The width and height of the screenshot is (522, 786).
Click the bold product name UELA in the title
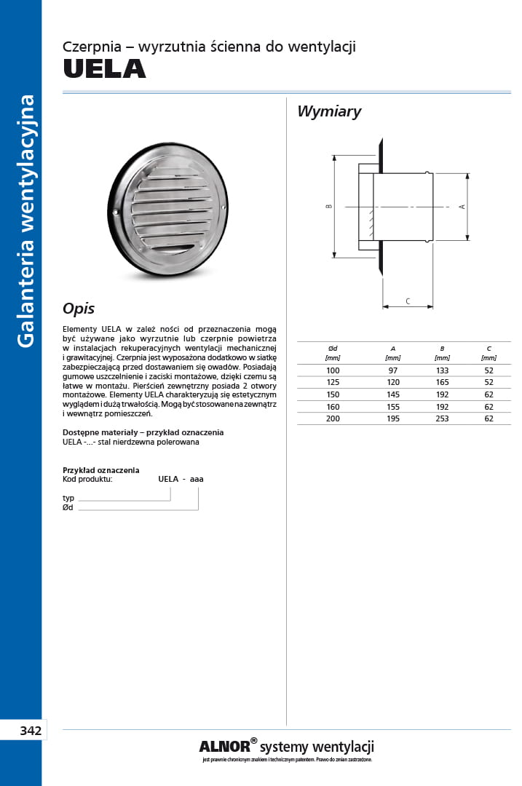click(104, 69)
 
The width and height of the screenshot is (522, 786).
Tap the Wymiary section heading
click(329, 112)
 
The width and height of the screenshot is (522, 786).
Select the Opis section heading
click(79, 309)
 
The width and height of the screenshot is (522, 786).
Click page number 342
click(30, 730)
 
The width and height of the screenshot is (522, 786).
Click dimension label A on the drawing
click(462, 207)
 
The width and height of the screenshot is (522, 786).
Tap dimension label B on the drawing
click(329, 207)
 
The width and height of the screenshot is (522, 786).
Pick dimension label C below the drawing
click(408, 301)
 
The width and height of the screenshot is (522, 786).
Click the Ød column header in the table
click(333, 349)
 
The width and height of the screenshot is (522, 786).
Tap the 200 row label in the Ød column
click(333, 418)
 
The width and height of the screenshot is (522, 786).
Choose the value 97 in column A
click(393, 370)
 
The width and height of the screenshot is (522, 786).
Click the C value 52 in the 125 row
click(489, 382)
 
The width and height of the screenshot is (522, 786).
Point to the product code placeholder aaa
click(197, 479)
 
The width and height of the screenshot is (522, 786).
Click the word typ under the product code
click(68, 498)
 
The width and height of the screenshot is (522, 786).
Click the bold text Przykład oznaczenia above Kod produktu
click(101, 470)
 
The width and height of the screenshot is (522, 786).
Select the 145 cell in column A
click(393, 394)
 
